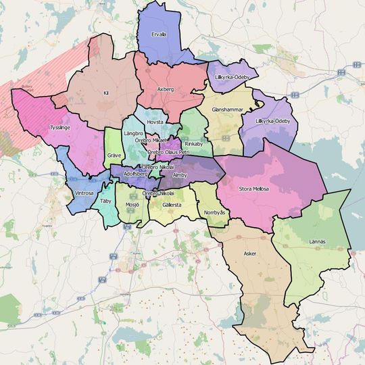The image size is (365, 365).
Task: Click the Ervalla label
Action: click(158, 34)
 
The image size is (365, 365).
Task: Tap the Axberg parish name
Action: click(165, 89)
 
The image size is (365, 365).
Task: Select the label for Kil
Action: click(105, 93)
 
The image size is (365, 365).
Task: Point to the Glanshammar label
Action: click(226, 109)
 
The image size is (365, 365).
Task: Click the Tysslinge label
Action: click(59, 127)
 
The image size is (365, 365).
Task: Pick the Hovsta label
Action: click(155, 122)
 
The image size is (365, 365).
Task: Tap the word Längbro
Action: click(134, 134)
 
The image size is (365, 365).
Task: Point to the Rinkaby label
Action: click(193, 144)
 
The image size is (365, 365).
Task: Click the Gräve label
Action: click(114, 155)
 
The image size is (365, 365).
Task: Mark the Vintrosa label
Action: click(84, 193)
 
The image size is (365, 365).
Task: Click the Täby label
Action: click(105, 201)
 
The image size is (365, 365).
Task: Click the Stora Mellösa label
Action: click(253, 189)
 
